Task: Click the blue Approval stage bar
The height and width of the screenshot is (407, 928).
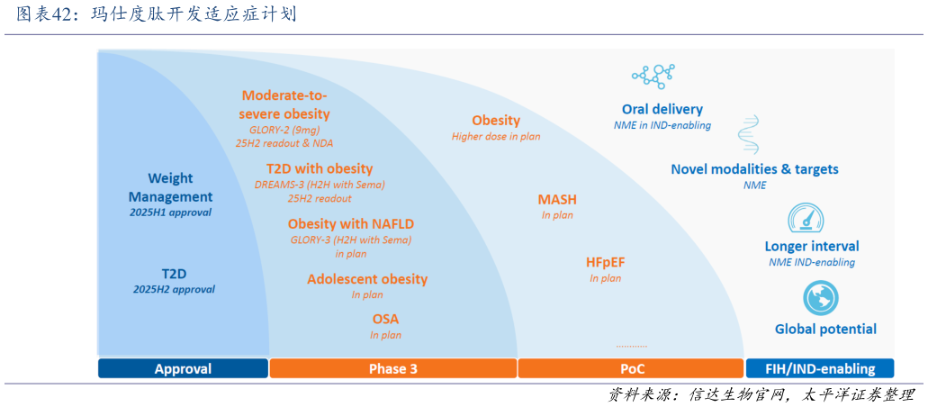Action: [x=183, y=368]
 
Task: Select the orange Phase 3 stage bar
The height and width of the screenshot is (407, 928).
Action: [x=392, y=368]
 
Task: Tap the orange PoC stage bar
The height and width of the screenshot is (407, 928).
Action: [x=632, y=368]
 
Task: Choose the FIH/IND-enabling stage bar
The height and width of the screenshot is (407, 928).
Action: [x=819, y=368]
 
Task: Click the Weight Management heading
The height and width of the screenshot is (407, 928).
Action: [x=170, y=187]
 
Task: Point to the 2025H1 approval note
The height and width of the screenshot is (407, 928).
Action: [x=170, y=213]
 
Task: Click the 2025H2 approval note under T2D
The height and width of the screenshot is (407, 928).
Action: [x=174, y=289]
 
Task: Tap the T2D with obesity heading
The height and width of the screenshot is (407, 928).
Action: [x=319, y=168]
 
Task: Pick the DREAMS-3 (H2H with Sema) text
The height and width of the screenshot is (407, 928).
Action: [x=320, y=185]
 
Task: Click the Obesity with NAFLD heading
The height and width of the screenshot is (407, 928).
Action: [x=351, y=223]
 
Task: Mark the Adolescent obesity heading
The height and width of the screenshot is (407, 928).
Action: [x=367, y=279]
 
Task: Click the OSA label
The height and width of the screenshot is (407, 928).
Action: [x=385, y=319]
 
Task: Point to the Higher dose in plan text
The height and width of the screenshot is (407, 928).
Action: [x=496, y=136]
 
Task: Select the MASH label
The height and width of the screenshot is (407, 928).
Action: [x=557, y=199]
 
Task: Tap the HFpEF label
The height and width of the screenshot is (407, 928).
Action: [x=605, y=262]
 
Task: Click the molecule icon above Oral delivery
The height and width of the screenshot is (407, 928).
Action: [x=653, y=77]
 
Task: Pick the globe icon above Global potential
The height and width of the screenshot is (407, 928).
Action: [x=820, y=298]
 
